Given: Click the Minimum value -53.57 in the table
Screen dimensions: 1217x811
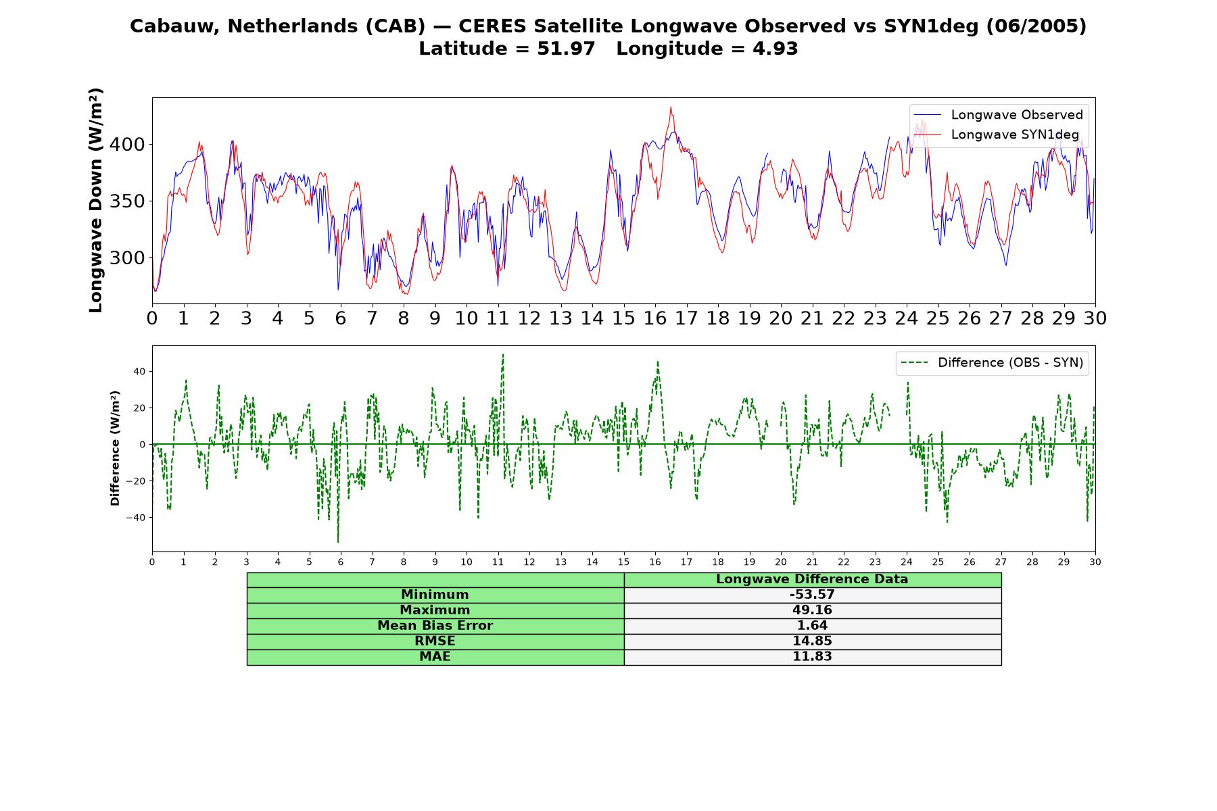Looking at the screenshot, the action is click(x=812, y=595).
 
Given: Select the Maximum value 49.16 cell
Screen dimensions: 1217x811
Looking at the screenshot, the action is click(x=812, y=610).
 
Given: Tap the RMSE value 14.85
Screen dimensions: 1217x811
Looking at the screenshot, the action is click(x=812, y=641).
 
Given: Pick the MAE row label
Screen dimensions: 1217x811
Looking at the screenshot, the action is click(x=435, y=657).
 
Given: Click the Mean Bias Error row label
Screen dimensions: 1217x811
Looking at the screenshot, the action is click(x=435, y=626).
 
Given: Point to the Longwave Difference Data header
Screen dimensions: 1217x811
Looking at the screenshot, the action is click(x=812, y=579).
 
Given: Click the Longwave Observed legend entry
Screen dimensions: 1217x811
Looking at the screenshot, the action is click(x=998, y=115).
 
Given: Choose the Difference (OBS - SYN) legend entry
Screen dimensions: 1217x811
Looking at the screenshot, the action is click(x=992, y=363).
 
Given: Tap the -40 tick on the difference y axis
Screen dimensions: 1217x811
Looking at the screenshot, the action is click(x=135, y=518).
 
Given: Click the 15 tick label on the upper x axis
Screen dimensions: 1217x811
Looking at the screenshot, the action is click(x=623, y=318).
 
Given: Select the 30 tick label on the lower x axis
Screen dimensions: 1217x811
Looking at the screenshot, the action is click(x=1095, y=562).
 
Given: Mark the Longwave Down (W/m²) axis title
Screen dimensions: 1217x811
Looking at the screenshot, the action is click(x=96, y=200).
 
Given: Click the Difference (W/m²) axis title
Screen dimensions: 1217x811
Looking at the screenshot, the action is click(x=115, y=448).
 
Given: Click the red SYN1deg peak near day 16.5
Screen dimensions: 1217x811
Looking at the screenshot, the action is click(x=671, y=107).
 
